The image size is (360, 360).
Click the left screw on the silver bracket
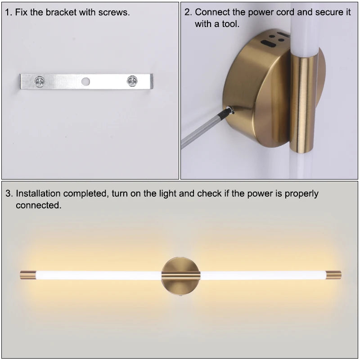pos(40,81)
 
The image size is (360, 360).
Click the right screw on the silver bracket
pos(132,81)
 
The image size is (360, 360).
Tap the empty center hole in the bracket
pos(85,81)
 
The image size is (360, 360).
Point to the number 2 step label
pos(188,12)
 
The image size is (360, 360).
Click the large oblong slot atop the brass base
pos(268,43)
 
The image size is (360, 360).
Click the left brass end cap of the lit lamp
pos(28,275)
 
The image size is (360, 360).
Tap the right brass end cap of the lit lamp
pos(333,275)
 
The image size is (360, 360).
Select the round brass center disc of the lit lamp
pos(181,276)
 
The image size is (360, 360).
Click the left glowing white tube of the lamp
pos(99,275)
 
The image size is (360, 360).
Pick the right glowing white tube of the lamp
pos(263,275)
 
